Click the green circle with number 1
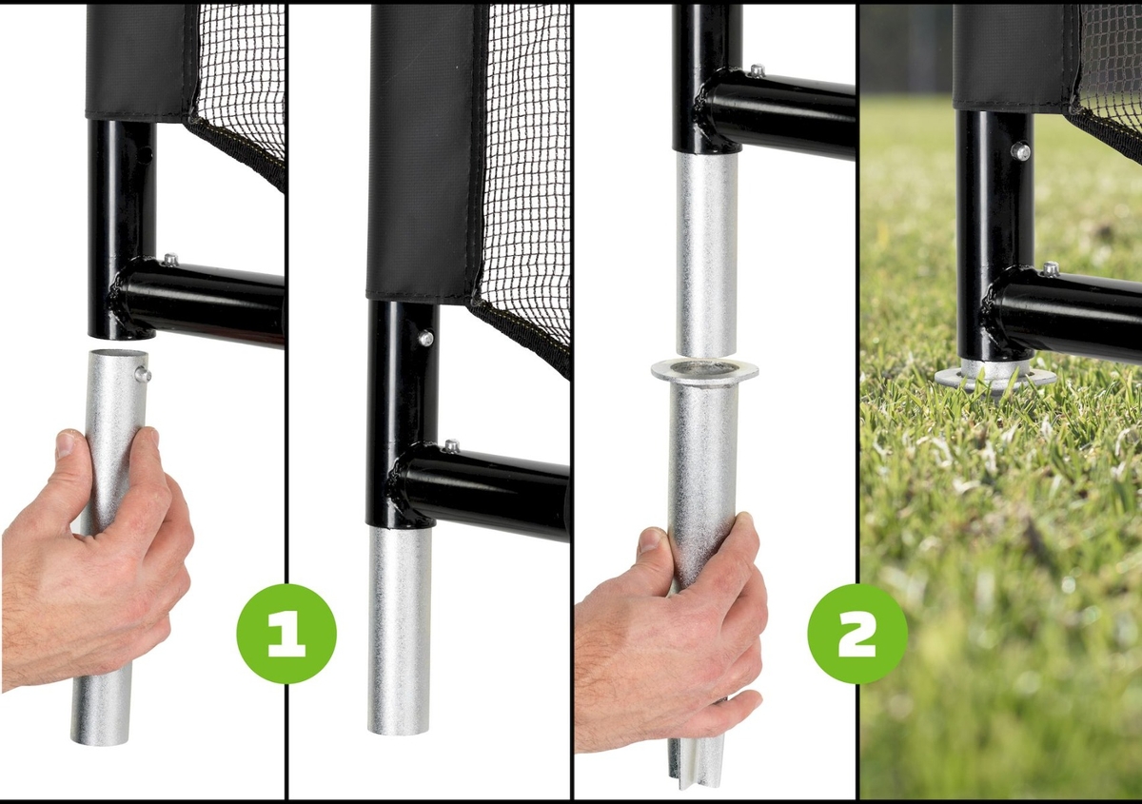point(286,634)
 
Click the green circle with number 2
point(857,634)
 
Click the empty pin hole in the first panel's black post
point(148,152)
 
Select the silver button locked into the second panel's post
point(425,337)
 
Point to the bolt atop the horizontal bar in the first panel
point(170,260)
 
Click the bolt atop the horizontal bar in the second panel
point(452,445)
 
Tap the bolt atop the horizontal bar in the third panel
point(758,70)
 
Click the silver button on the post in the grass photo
point(1021,151)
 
